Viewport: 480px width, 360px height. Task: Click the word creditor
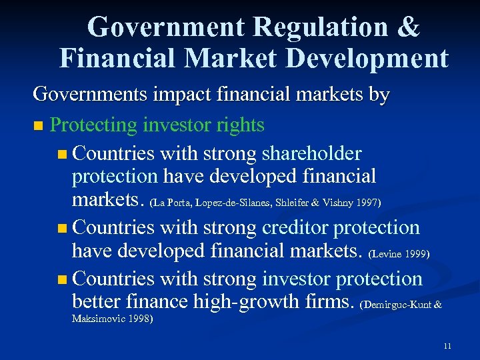(294, 227)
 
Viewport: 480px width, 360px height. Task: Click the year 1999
(417, 254)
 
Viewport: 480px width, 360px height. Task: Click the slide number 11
(447, 346)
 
